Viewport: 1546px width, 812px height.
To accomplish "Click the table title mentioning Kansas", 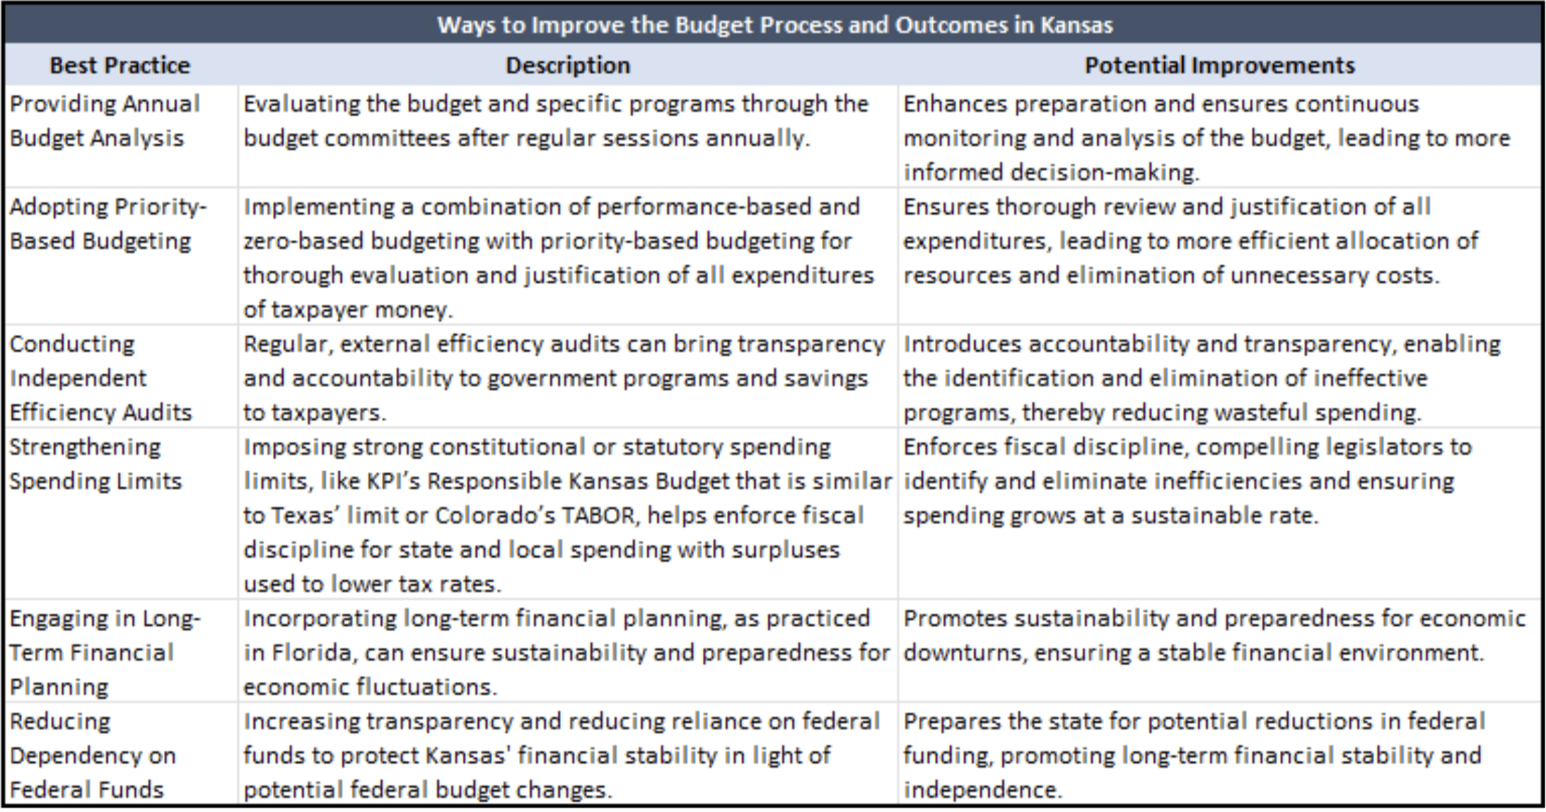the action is (774, 25).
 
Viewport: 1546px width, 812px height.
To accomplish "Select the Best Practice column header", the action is (120, 65).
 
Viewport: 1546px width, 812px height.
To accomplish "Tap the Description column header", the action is (568, 65).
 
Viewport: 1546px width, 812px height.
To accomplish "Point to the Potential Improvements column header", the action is (1219, 65).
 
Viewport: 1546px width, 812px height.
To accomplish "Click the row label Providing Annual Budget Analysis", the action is (105, 121).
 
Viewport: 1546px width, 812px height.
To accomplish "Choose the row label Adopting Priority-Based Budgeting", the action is (107, 224).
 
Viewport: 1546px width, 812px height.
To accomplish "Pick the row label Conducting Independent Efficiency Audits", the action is (100, 378).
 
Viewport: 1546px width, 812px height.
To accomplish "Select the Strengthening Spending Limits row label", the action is (95, 464).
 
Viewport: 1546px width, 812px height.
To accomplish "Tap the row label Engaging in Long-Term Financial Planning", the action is (105, 652).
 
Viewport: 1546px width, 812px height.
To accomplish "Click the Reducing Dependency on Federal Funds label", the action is (93, 755).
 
